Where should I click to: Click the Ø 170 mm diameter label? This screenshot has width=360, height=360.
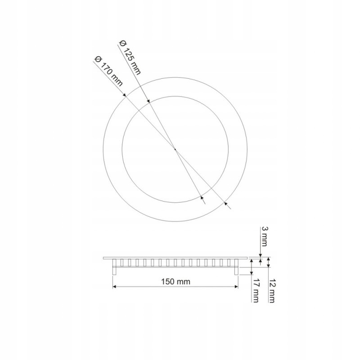click(x=108, y=71)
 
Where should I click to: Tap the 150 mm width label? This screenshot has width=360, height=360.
click(x=176, y=281)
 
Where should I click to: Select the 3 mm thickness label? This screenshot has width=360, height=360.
click(x=264, y=236)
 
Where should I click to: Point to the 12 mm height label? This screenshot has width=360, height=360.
click(x=271, y=291)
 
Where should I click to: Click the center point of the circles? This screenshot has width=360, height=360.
click(x=175, y=149)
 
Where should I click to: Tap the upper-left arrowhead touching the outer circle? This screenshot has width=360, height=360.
click(x=124, y=95)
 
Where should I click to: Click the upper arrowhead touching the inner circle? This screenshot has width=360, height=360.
click(x=149, y=101)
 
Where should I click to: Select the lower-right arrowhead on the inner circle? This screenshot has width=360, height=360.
click(x=202, y=198)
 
